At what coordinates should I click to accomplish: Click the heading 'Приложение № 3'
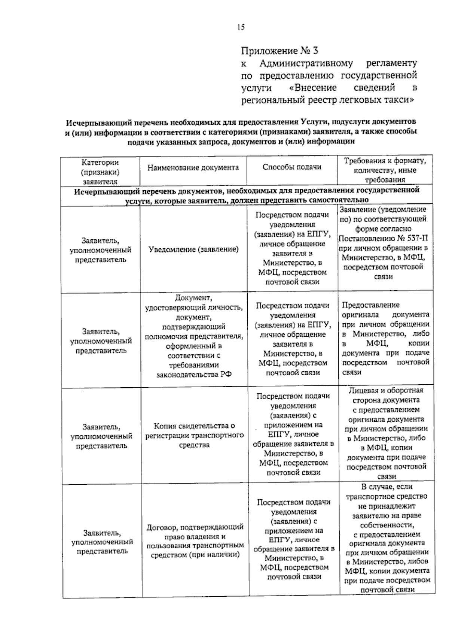pos(279,51)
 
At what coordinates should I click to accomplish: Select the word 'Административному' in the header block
pos(306,63)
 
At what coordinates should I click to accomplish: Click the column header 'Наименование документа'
pos(193,167)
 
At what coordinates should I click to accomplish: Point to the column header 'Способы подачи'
pos(292,167)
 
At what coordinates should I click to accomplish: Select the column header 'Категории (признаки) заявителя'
pos(100,172)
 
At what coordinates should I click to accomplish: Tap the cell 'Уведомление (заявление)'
pos(193,249)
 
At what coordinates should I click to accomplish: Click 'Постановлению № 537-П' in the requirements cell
pos(384,238)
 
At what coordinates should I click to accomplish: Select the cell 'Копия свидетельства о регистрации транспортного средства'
pos(194,435)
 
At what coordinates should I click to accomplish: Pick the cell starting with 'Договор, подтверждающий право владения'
pos(195,540)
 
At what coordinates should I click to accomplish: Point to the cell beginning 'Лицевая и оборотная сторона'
pos(386,433)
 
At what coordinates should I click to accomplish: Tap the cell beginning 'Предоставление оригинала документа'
pos(386,338)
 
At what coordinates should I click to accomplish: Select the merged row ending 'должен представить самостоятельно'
pos(247,195)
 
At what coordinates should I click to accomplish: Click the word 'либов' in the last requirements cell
pos(420,561)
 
